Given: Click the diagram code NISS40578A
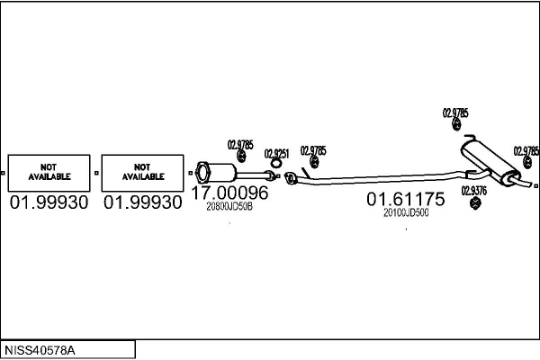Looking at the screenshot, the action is tap(40, 351).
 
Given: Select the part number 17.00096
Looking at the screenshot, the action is tap(229, 193).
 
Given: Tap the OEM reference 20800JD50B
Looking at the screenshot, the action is tap(229, 206).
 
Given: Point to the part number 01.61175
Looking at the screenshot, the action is tap(406, 199).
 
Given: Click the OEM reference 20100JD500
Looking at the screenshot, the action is tap(406, 212).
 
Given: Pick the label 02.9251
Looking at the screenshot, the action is tap(276, 154).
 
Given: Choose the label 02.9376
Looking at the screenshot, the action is tap(474, 191).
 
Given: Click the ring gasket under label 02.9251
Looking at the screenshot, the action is tap(275, 163).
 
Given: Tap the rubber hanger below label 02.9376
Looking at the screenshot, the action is tap(475, 202).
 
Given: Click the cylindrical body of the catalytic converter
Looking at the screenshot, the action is tap(222, 172).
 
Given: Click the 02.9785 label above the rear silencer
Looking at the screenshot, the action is tap(455, 112).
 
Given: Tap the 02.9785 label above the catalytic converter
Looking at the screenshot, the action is tap(240, 145).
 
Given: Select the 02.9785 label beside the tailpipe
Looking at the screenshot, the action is tap(526, 151).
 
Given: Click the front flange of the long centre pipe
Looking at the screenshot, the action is tap(289, 178).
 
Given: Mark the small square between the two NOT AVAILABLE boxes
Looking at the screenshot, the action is tap(96, 173).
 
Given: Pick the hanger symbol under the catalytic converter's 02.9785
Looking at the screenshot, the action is tap(241, 156).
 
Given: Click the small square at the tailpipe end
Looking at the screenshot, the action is tap(535, 186).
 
